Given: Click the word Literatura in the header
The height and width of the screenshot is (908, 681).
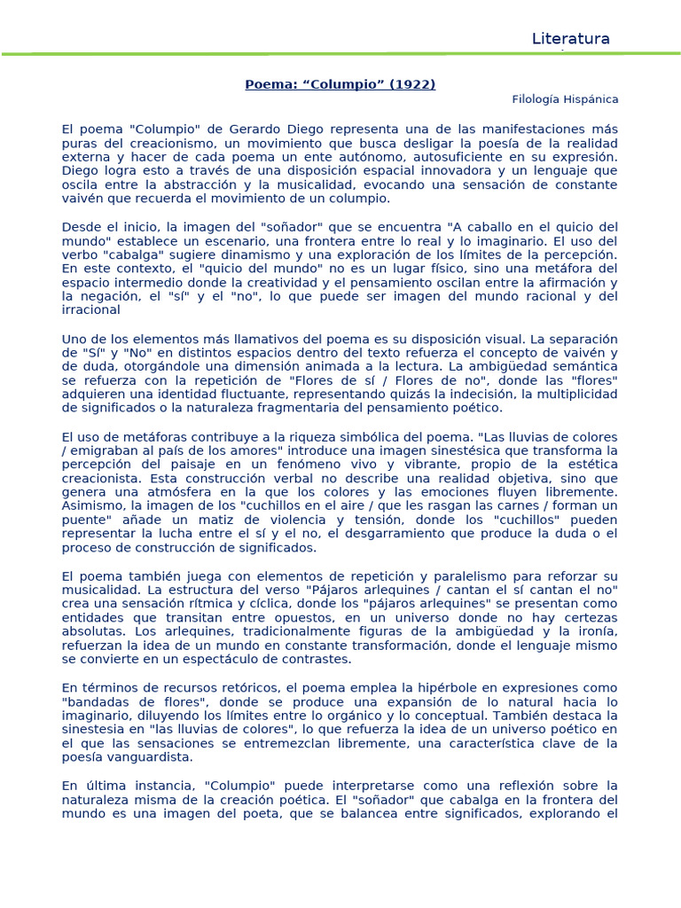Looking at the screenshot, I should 570,39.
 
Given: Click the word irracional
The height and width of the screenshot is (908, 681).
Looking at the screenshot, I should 91,310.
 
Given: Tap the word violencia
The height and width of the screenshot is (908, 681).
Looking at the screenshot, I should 316,520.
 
